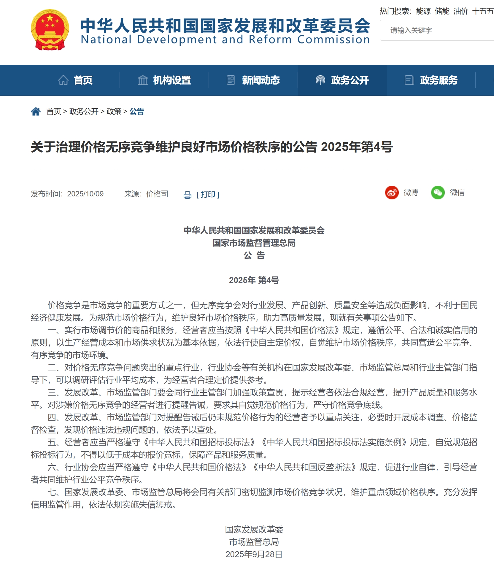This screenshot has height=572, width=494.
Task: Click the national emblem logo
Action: pos(50,30)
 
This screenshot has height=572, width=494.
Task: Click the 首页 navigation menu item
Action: pos(75,80)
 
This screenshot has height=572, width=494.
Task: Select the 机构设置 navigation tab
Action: pos(164,80)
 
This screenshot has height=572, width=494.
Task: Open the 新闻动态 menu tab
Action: pos(253,80)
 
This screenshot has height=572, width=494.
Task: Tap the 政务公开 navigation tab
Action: pos(342,80)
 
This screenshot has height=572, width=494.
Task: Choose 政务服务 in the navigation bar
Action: pos(431,80)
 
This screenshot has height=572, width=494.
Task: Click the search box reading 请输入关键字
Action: pos(436,30)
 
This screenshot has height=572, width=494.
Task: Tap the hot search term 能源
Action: pos(423,11)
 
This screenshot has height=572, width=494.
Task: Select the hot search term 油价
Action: pos(460,11)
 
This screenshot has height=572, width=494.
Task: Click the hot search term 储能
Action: pos(442,11)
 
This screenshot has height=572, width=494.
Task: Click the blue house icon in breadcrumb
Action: pos(36,112)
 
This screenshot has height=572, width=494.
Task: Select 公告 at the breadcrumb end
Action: pos(137,112)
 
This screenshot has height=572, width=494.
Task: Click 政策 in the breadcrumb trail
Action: pos(114,112)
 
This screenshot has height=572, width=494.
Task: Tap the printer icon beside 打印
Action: pos(188,195)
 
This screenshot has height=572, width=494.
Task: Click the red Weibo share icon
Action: pos(392,193)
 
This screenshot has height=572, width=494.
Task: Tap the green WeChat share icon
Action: pos(438,193)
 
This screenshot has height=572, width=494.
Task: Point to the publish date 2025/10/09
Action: pos(85,194)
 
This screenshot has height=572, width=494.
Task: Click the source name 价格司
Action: pos(157,194)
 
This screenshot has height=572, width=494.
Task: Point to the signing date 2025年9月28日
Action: pos(254,554)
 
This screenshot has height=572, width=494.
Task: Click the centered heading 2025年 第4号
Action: pos(254,280)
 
